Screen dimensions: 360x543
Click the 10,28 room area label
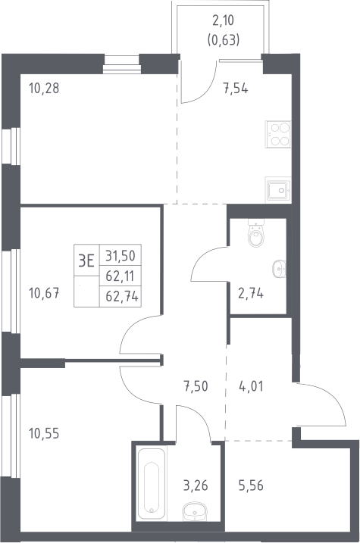pyautogui.click(x=44, y=89)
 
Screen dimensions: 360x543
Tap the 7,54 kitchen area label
pyautogui.click(x=236, y=89)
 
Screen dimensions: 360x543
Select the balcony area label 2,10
pyautogui.click(x=223, y=20)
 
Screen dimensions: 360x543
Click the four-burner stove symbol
pyautogui.click(x=278, y=134)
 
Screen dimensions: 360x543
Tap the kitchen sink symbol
pyautogui.click(x=278, y=189)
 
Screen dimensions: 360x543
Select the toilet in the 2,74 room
pyautogui.click(x=256, y=233)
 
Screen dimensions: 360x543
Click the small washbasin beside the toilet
pyautogui.click(x=279, y=269)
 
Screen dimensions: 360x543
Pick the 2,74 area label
pyautogui.click(x=251, y=293)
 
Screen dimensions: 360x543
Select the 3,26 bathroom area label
pyautogui.click(x=196, y=485)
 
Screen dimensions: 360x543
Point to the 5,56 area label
pyautogui.click(x=251, y=485)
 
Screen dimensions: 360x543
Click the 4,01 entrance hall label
pyautogui.click(x=251, y=385)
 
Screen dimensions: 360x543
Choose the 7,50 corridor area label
pyautogui.click(x=196, y=385)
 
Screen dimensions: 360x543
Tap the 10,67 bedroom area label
pyautogui.click(x=44, y=294)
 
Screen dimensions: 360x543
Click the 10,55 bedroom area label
pyautogui.click(x=44, y=433)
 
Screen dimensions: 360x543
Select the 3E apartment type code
pyautogui.click(x=86, y=261)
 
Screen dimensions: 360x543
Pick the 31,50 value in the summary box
pyautogui.click(x=121, y=256)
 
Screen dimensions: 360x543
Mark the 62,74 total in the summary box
pyautogui.click(x=122, y=296)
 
